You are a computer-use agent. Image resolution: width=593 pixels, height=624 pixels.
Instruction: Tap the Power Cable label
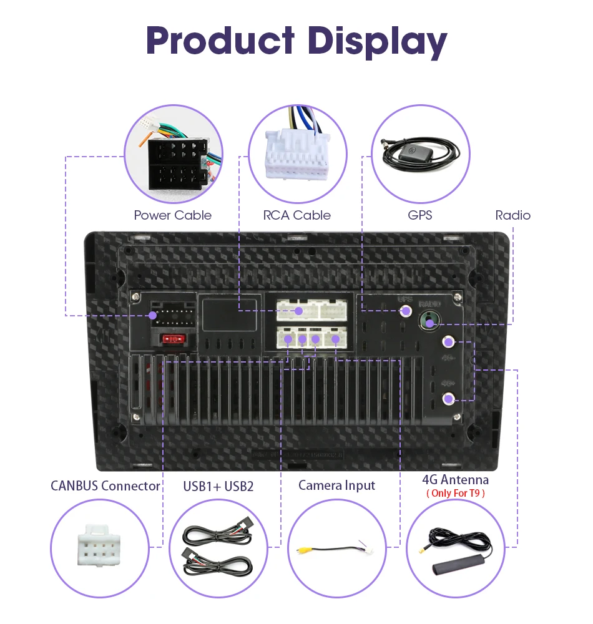point(172,215)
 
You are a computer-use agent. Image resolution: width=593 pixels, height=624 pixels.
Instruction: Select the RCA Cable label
point(296,215)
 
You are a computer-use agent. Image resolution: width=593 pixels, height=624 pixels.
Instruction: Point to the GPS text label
point(419,215)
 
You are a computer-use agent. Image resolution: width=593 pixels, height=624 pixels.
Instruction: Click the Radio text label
point(512,215)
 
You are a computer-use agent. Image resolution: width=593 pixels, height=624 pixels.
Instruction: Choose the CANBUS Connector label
point(105,485)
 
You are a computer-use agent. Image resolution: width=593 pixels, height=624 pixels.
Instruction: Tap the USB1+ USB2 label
point(218,486)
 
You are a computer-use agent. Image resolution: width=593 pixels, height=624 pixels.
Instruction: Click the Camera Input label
point(336,485)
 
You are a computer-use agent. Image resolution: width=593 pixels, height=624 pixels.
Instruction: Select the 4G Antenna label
point(455,480)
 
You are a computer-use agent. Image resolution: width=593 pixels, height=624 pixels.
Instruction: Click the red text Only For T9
point(455,493)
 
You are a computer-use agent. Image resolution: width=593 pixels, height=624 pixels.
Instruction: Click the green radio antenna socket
point(428,321)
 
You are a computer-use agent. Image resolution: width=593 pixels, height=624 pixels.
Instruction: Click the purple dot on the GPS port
point(406,311)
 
